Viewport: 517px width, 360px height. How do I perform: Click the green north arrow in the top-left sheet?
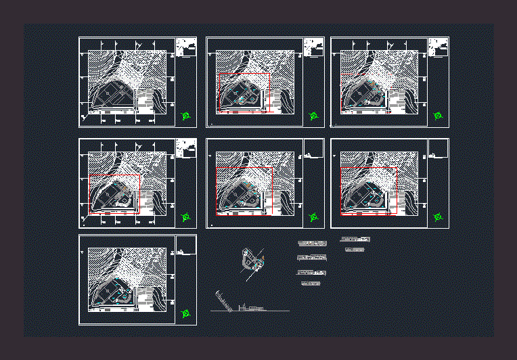pyautogui.click(x=186, y=116)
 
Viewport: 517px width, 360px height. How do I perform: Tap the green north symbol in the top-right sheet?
pyautogui.click(x=439, y=116)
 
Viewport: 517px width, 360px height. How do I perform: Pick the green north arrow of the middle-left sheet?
pyautogui.click(x=186, y=218)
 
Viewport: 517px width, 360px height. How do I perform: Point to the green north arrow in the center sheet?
pyautogui.click(x=313, y=218)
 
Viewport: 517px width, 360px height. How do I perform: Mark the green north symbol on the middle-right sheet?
pyautogui.click(x=439, y=217)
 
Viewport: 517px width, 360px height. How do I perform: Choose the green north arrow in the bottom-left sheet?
pyautogui.click(x=186, y=313)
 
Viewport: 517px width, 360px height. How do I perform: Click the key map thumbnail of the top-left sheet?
pyautogui.click(x=185, y=47)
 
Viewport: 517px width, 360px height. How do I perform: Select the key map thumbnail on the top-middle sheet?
pyautogui.click(x=313, y=47)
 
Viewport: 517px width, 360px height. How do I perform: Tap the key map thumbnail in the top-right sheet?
pyautogui.click(x=438, y=47)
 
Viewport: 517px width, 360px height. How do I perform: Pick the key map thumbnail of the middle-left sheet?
pyautogui.click(x=185, y=148)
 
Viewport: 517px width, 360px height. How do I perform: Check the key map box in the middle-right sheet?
pyautogui.click(x=438, y=148)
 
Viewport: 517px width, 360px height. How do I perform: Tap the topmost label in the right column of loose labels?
pyautogui.click(x=355, y=240)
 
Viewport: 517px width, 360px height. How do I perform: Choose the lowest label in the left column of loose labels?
pyautogui.click(x=310, y=284)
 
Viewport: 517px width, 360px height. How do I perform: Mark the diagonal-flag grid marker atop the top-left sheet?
pyautogui.click(x=137, y=45)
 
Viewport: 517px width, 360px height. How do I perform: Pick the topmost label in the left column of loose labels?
pyautogui.click(x=312, y=243)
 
